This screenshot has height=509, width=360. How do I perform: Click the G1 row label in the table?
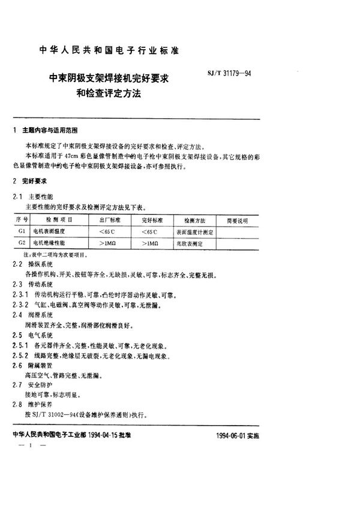[22, 231]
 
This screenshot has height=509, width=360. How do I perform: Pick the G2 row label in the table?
[22, 243]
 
